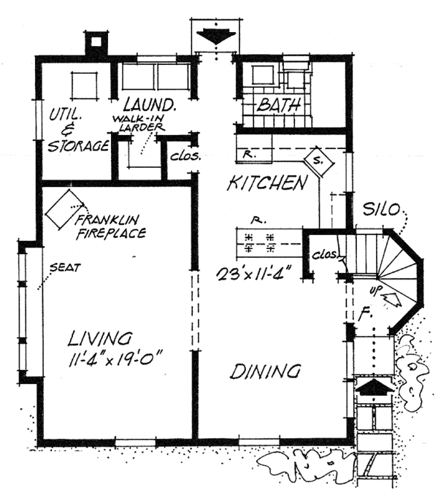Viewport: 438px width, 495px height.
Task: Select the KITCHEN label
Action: [266, 183]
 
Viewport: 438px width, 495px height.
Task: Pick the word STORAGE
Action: [78, 145]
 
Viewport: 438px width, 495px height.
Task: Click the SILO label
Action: [383, 210]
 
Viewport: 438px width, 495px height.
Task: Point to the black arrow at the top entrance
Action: [217, 36]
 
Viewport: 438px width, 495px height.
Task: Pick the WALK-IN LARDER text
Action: [136, 123]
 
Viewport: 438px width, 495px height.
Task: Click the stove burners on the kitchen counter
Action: [259, 242]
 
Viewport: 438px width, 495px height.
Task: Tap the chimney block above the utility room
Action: [95, 46]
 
